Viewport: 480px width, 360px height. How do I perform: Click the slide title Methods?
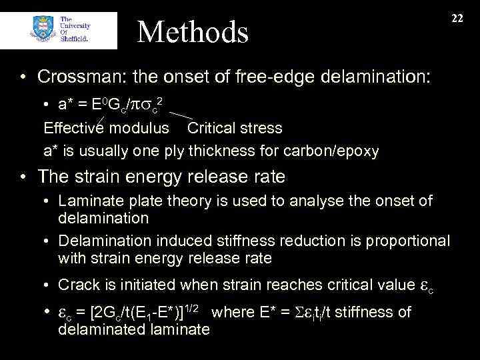tap(193, 31)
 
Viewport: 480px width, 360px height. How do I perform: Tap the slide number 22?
tap(457, 19)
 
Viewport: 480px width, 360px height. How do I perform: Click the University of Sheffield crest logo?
tap(42, 30)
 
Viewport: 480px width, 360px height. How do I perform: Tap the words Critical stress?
tap(235, 127)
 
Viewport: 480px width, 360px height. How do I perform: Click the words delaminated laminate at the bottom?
tap(134, 329)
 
